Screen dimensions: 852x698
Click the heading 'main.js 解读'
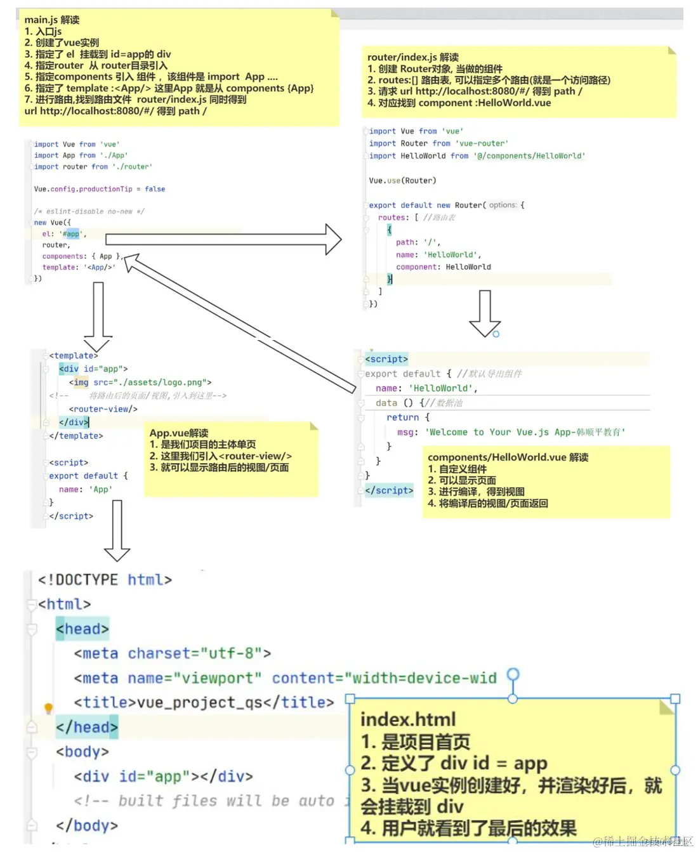click(x=52, y=20)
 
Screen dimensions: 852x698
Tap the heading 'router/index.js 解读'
click(x=412, y=57)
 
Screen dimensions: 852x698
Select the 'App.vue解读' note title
click(x=179, y=433)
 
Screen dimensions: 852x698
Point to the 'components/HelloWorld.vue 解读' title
click(x=508, y=457)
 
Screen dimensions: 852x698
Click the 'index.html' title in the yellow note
click(x=408, y=719)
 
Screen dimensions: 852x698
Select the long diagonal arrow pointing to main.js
click(x=241, y=324)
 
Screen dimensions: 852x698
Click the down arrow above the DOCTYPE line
click(x=117, y=530)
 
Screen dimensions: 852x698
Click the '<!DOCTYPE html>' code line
click(x=105, y=580)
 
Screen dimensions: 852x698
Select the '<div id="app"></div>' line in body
click(x=163, y=777)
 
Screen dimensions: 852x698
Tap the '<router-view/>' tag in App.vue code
click(x=103, y=409)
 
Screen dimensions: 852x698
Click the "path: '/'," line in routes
click(x=418, y=242)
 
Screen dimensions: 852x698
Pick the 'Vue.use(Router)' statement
click(x=402, y=181)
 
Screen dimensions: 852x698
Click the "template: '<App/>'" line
click(x=79, y=267)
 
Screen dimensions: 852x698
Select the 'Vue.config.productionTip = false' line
click(x=99, y=189)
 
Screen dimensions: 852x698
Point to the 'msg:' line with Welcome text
click(x=511, y=432)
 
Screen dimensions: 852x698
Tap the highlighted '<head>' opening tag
click(x=82, y=629)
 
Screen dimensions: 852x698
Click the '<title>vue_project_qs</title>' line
click(x=204, y=702)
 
